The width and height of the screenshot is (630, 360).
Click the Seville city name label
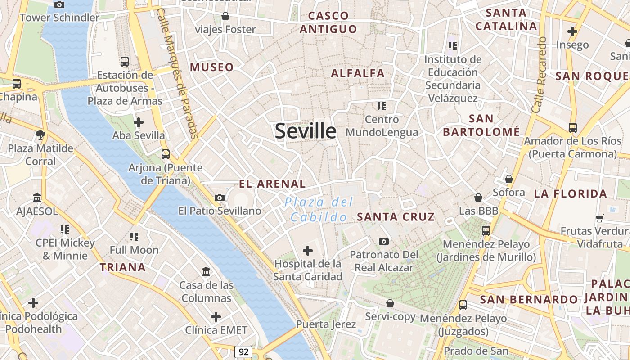click(x=306, y=131)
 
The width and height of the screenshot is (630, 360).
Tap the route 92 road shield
click(x=243, y=351)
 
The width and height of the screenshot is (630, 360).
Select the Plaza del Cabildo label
click(x=319, y=210)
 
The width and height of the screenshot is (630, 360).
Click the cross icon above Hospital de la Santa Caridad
click(x=308, y=250)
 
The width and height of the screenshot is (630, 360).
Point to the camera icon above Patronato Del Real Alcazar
click(x=384, y=242)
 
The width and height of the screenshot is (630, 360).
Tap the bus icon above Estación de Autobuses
click(x=125, y=62)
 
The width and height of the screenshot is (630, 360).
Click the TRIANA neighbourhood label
click(x=123, y=267)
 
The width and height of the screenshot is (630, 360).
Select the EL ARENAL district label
click(x=272, y=184)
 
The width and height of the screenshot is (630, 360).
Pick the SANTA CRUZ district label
click(x=396, y=217)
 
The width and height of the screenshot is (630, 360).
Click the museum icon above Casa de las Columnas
click(x=207, y=271)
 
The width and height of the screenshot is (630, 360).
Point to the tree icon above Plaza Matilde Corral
click(x=40, y=135)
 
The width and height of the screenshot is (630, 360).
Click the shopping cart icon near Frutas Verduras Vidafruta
click(x=599, y=218)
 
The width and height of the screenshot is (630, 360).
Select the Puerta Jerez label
click(x=326, y=324)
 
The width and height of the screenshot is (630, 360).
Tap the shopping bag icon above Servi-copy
click(x=390, y=303)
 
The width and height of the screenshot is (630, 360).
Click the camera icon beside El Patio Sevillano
click(x=220, y=198)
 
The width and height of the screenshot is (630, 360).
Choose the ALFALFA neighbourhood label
click(x=358, y=73)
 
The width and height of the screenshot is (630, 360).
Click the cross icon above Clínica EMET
click(x=216, y=317)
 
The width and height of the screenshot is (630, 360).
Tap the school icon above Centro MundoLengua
click(x=382, y=106)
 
